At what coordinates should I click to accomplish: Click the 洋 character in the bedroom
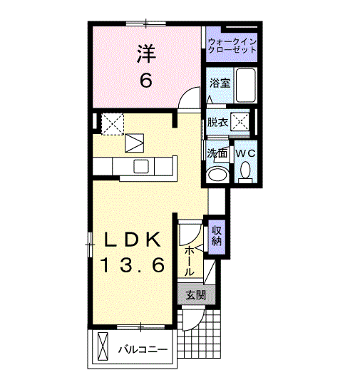[x=145, y=53]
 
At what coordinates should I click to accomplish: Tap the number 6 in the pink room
[x=145, y=80]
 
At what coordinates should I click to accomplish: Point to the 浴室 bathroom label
[x=219, y=83]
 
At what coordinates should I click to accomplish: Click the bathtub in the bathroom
[x=246, y=85]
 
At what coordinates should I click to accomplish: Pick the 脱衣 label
[x=217, y=122]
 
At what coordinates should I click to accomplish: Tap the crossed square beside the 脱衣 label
[x=240, y=122]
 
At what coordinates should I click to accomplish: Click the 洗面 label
[x=217, y=153]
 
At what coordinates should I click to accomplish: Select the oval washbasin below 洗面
[x=217, y=175]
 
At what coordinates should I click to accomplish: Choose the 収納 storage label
[x=217, y=236]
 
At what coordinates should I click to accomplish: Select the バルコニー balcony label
[x=143, y=351]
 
